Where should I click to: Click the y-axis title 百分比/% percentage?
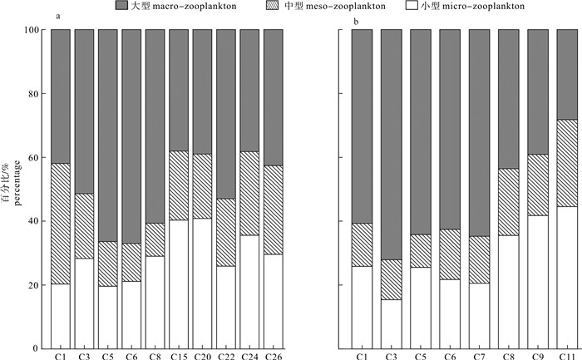[x=11, y=188]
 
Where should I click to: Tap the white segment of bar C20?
[x=204, y=283]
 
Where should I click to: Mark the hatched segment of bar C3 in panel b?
[x=392, y=279]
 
